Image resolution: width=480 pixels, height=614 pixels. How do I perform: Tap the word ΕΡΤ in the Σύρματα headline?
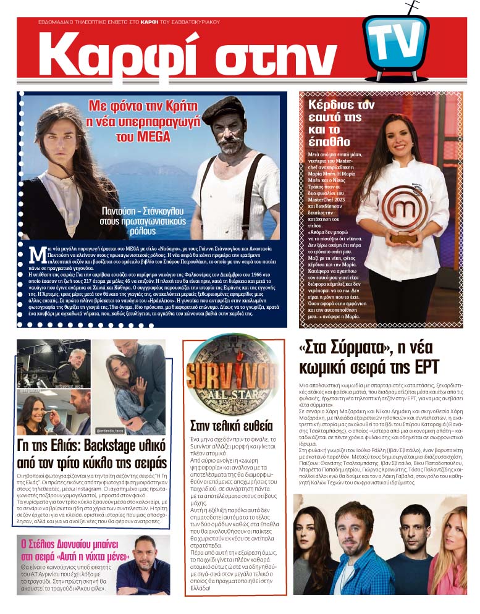(x=421, y=367)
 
